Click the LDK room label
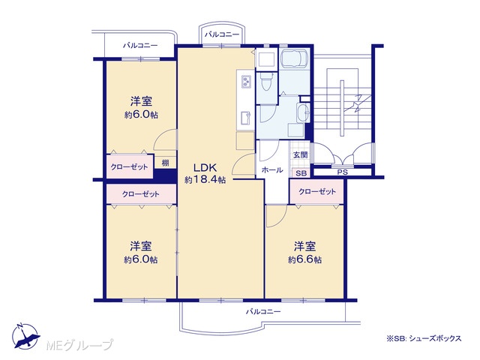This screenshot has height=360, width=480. pos(205,167)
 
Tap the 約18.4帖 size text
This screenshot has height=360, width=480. pos(205,180)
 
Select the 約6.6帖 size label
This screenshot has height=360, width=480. pos(304,259)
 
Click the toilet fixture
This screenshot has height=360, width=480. pos(265,81)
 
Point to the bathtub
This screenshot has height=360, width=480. pos(295,58)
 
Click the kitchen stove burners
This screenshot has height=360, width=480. pos(245,82)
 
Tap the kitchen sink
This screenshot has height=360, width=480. pos(246,118)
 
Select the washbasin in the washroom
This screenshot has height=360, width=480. pos(303,112)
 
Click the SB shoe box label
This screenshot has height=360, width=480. pos(301,173)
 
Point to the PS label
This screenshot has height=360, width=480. pos(343,172)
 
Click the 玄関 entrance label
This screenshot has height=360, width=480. pos(300,155)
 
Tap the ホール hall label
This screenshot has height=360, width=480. pos(272,170)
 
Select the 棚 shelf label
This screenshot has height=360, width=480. pos(165,163)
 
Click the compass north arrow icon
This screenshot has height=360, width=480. pos(25,336)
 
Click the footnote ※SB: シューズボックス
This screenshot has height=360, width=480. pos(424,338)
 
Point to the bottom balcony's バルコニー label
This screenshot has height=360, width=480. pos(263,312)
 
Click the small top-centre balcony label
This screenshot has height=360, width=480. pos(222,34)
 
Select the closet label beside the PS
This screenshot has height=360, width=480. pos(317,192)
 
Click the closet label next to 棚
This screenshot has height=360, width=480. pos(129,166)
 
